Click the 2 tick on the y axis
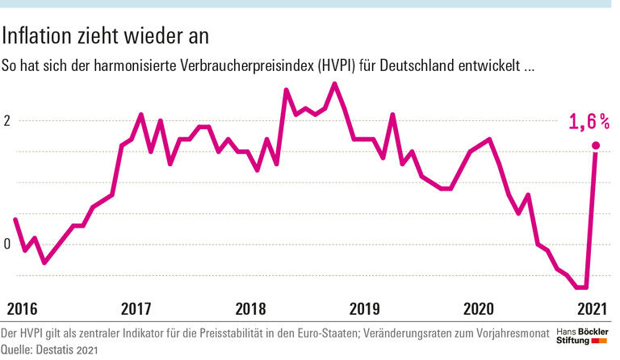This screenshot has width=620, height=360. [x=7, y=121]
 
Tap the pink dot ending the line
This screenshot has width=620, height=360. [x=596, y=146]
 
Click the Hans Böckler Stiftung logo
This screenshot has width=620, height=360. [x=585, y=337]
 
